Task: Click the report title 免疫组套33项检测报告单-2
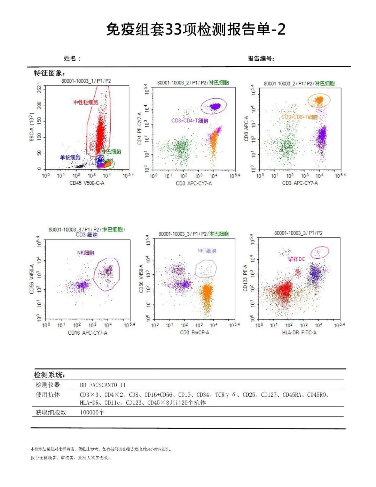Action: pyautogui.click(x=196, y=30)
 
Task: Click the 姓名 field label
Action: pyautogui.click(x=72, y=59)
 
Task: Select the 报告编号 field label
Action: pyautogui.click(x=261, y=59)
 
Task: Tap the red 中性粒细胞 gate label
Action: pyautogui.click(x=86, y=102)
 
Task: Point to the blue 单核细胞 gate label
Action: pyautogui.click(x=70, y=158)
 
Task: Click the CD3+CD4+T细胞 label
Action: pyautogui.click(x=189, y=121)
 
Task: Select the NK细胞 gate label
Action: pyautogui.click(x=86, y=253)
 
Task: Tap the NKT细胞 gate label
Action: pyautogui.click(x=207, y=251)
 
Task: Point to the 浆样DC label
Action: pyautogui.click(x=296, y=259)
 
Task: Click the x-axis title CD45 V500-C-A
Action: pyautogui.click(x=87, y=183)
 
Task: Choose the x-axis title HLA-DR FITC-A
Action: pyautogui.click(x=299, y=333)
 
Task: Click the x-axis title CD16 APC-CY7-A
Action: pyautogui.click(x=87, y=333)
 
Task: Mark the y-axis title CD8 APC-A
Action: pyautogui.click(x=246, y=129)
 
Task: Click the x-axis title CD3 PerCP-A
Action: pyautogui.click(x=194, y=333)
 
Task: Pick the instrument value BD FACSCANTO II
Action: pyautogui.click(x=103, y=385)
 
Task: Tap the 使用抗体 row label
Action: pyautogui.click(x=48, y=395)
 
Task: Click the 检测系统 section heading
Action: pyautogui.click(x=49, y=375)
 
